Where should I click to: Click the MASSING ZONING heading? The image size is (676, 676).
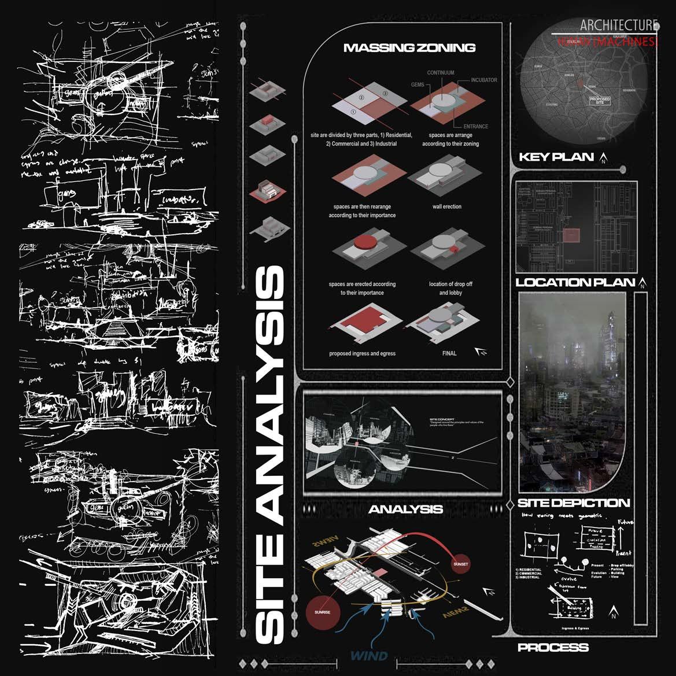point(409,48)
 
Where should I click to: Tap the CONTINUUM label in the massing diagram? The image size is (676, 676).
point(440,73)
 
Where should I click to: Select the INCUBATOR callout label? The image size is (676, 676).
point(483,80)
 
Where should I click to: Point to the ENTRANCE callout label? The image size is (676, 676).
point(475,126)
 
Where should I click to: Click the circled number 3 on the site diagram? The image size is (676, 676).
point(385,93)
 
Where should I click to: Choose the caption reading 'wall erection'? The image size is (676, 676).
point(446,206)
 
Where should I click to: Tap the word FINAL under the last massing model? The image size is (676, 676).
point(449,353)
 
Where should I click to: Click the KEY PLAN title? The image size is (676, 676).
point(556,157)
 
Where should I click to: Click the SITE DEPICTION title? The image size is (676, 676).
point(573,503)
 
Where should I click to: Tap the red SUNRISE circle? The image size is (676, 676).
point(323,612)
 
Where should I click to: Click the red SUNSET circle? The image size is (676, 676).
point(461,564)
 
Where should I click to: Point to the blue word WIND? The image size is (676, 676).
point(368,655)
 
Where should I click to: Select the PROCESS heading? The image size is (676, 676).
point(553,648)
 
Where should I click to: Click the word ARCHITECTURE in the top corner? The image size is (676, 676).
point(619,25)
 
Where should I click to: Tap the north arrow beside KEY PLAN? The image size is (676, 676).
point(604,157)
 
